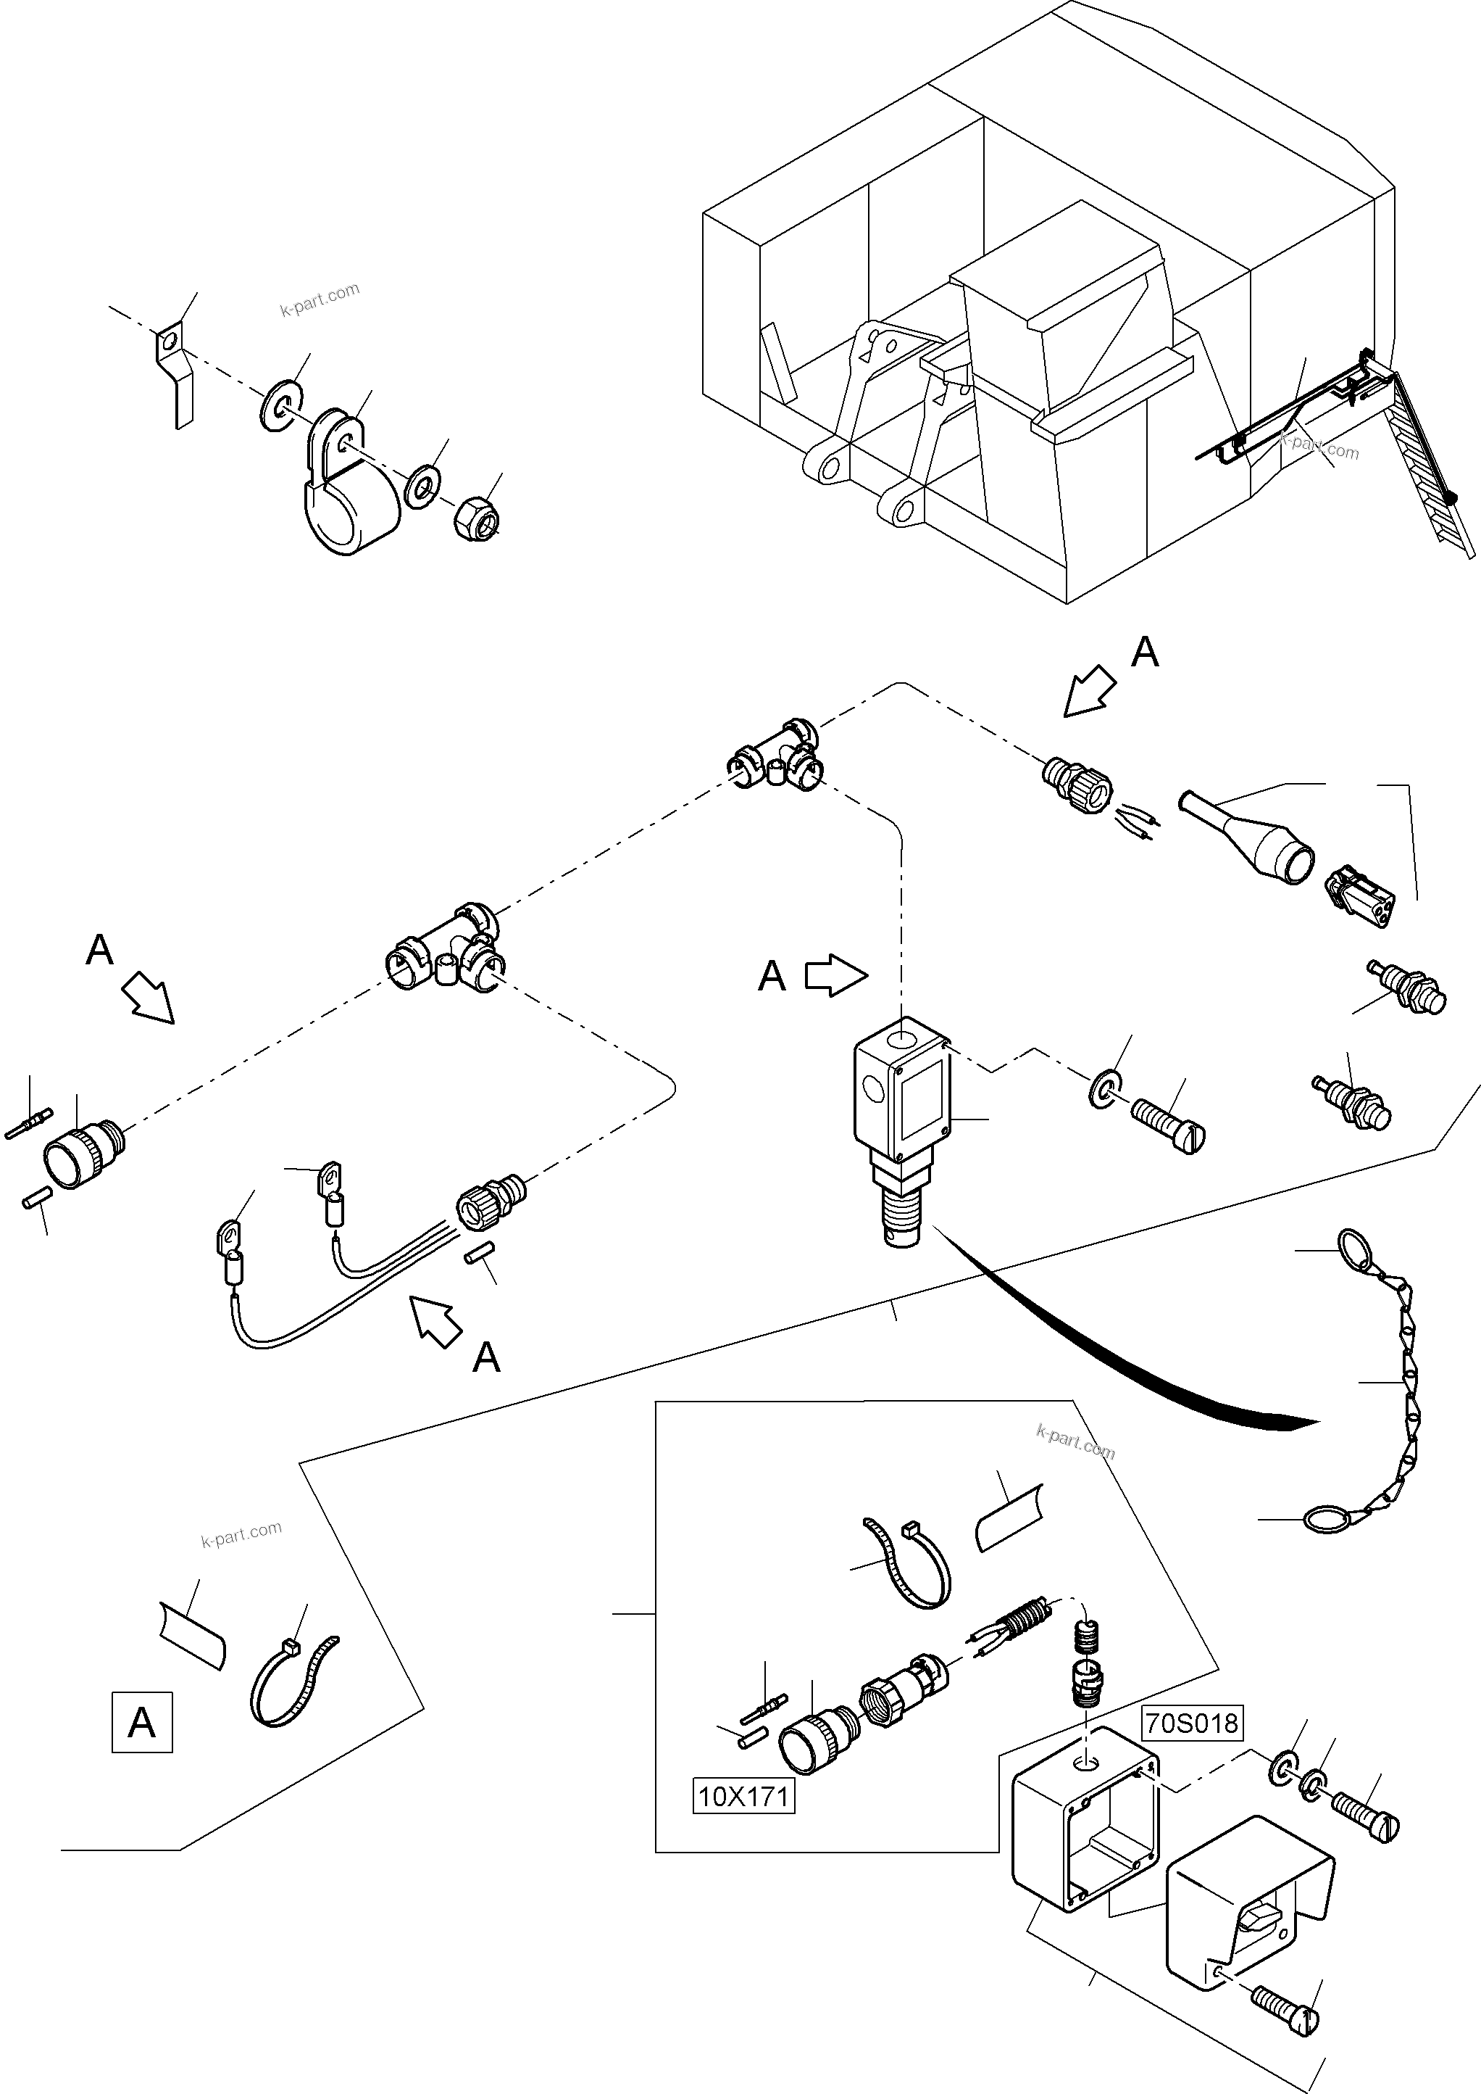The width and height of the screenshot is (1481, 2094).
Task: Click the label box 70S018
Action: [x=1191, y=1723]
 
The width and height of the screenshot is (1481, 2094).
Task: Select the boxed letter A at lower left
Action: [x=142, y=1723]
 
